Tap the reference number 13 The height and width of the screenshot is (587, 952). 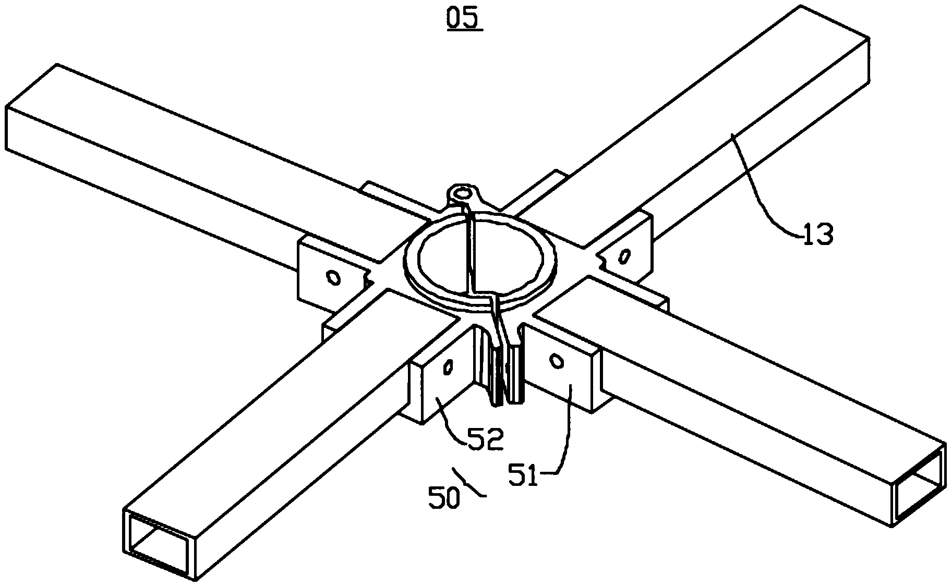[817, 234]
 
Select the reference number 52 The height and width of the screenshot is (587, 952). [485, 439]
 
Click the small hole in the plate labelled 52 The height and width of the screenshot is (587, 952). [447, 368]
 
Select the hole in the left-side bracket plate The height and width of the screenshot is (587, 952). [332, 277]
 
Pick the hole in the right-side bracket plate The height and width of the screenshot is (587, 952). [623, 256]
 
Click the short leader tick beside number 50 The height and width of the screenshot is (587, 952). [470, 483]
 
